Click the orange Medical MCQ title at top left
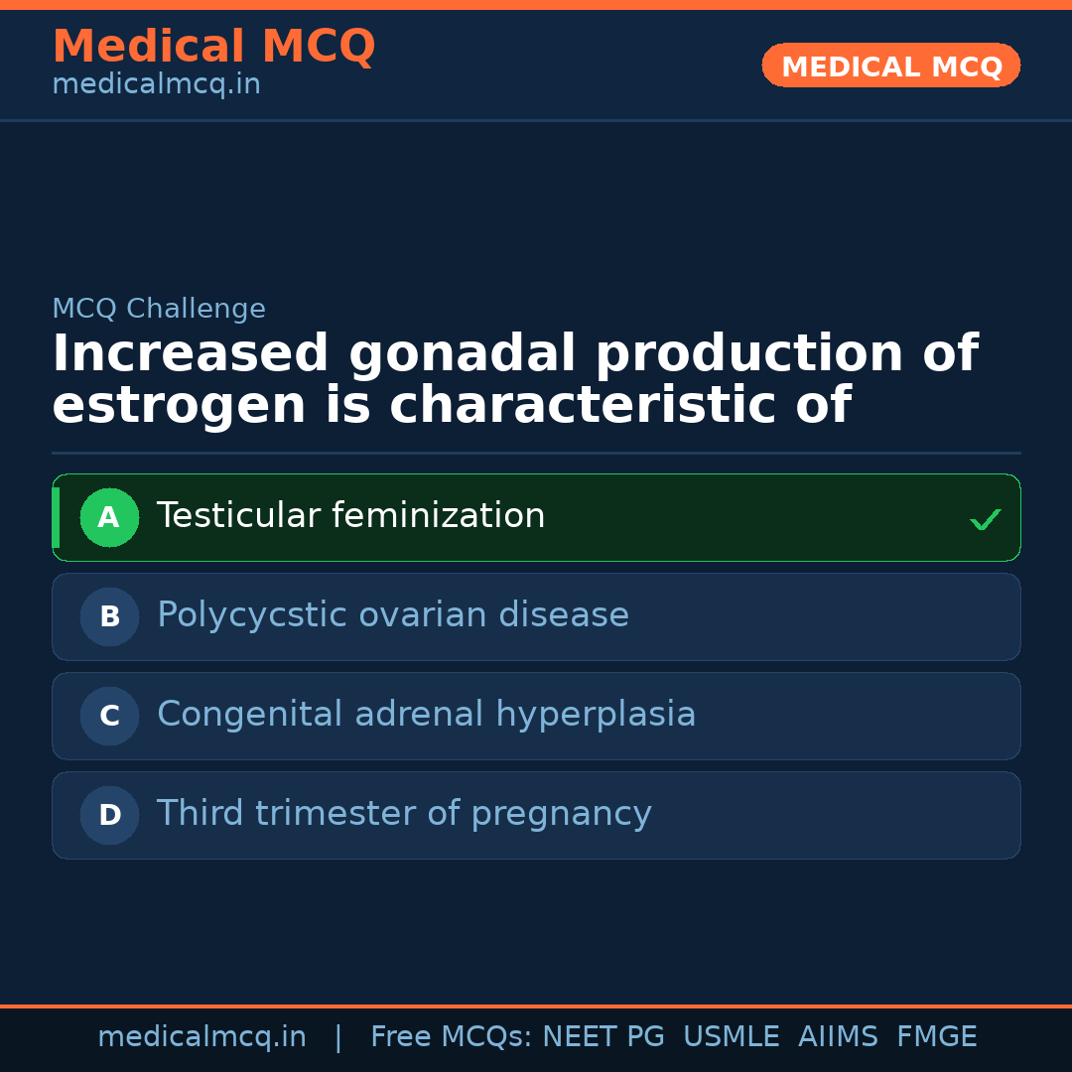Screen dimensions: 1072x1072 (213, 47)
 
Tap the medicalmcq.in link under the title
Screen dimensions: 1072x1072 (156, 85)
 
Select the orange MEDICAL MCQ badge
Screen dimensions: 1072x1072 (891, 67)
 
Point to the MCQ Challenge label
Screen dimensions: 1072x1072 (159, 309)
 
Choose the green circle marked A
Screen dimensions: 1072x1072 (109, 517)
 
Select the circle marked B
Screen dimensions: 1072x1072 (109, 616)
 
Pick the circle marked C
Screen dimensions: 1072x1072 (109, 716)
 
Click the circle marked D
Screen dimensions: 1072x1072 (109, 815)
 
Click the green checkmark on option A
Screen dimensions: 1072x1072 (985, 519)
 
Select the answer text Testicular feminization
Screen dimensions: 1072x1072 (350, 516)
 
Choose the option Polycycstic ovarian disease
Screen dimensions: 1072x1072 (393, 615)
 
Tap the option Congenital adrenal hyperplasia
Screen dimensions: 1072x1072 (426, 715)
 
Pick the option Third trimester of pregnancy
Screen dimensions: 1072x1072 (404, 814)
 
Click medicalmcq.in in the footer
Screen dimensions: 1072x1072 (201, 1037)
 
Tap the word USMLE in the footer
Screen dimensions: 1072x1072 (731, 1037)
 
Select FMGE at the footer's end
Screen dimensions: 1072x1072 (936, 1037)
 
